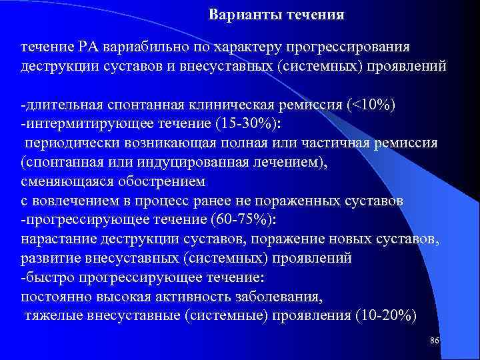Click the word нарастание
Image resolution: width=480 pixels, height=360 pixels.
coord(58,239)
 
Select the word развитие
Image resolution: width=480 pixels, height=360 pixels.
coord(49,258)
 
